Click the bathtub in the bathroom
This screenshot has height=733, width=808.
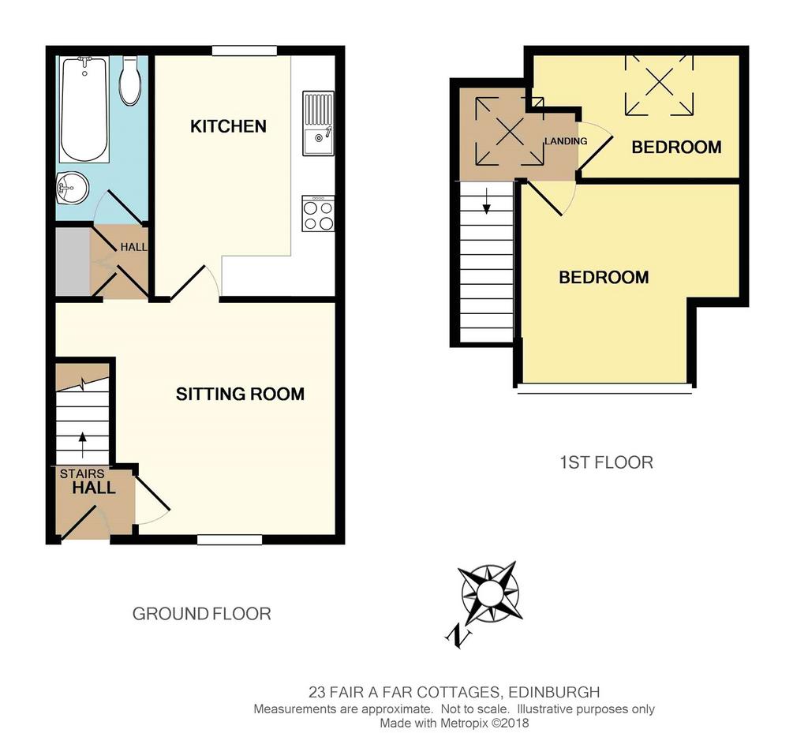click(x=84, y=109)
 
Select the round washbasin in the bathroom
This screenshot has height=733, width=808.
click(x=72, y=188)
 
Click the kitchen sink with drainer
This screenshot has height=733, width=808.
click(x=319, y=123)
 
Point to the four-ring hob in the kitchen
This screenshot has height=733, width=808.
click(x=318, y=214)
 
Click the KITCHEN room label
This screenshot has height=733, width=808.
click(x=228, y=126)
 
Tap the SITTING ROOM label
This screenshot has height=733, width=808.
click(x=240, y=394)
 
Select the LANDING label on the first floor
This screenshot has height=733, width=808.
click(x=566, y=141)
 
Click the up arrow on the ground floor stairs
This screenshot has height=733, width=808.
click(x=82, y=445)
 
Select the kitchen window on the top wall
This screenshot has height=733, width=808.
click(x=245, y=50)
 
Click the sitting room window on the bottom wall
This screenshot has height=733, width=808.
click(x=230, y=540)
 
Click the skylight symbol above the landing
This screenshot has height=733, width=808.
click(x=511, y=132)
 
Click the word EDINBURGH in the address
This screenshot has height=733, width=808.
click(x=554, y=692)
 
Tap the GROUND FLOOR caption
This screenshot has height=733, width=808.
click(x=201, y=614)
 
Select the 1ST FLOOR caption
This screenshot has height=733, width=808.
click(x=607, y=462)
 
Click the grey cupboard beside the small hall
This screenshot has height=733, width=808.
click(x=73, y=262)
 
